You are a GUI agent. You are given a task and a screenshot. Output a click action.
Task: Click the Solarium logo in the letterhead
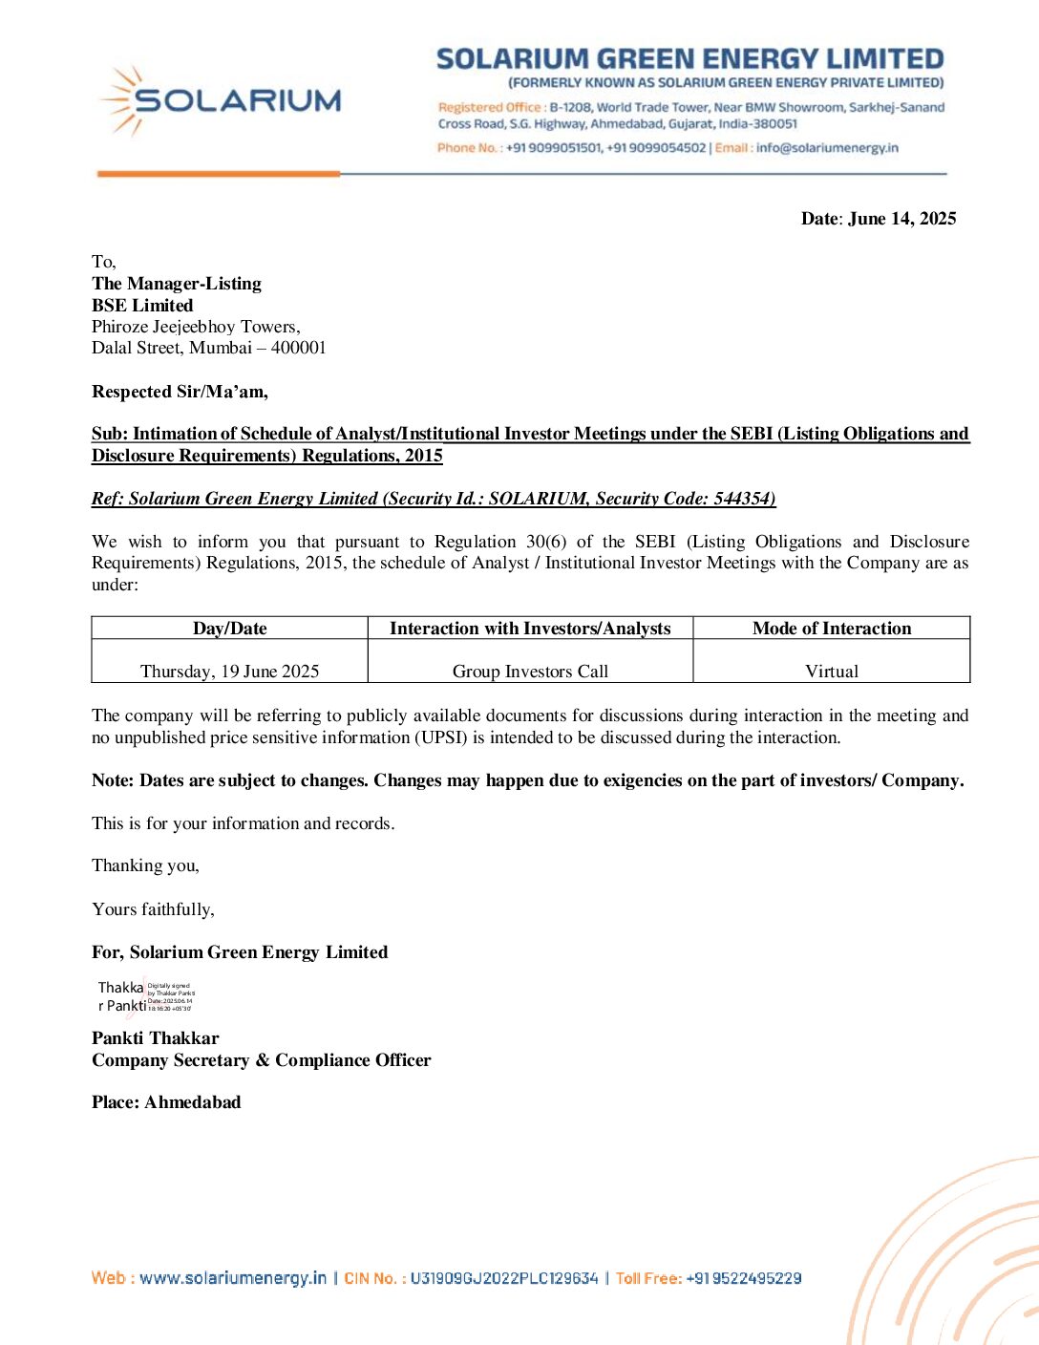(x=221, y=100)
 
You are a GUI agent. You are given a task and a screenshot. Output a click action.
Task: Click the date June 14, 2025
(x=901, y=219)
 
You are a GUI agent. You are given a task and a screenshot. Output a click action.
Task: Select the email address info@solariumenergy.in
(x=827, y=148)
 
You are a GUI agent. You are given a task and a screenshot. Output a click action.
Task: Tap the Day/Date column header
(x=229, y=629)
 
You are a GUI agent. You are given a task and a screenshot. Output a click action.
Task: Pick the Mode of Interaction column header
(x=831, y=629)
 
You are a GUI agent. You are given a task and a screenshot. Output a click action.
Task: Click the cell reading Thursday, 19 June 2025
(x=229, y=671)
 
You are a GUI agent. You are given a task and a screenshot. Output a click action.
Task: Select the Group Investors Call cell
(x=530, y=671)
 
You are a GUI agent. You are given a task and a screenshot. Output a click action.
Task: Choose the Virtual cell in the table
(x=831, y=671)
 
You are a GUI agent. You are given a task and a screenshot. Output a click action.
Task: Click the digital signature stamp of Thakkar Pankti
(x=145, y=996)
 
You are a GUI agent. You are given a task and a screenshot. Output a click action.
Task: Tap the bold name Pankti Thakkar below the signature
(x=156, y=1038)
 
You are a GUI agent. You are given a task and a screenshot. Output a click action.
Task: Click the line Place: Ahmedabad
(x=166, y=1102)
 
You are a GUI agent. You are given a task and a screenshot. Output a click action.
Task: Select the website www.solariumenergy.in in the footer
(x=233, y=1278)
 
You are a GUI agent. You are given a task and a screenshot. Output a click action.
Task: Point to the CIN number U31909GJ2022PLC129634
(x=503, y=1278)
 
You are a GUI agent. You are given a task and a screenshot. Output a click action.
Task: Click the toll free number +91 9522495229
(x=743, y=1278)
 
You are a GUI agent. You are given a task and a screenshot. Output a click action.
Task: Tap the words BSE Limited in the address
(x=142, y=306)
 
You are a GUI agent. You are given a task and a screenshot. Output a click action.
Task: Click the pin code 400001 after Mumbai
(x=298, y=348)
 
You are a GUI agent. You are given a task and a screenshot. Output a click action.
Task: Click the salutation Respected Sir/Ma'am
(x=180, y=392)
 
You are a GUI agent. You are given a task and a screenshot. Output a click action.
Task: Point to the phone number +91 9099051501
(x=554, y=148)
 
